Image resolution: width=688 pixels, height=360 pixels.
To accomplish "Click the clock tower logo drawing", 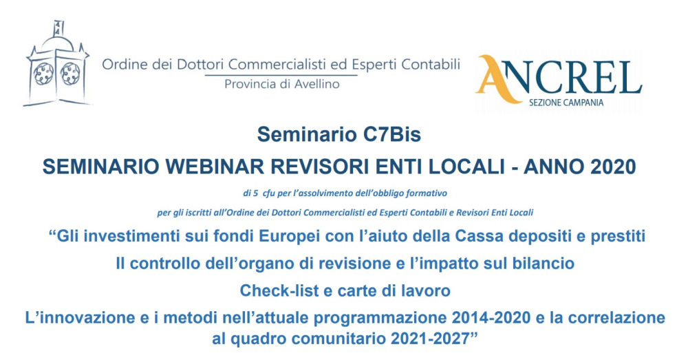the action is [57, 63].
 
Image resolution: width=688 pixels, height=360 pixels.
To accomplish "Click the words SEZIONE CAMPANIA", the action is [566, 103].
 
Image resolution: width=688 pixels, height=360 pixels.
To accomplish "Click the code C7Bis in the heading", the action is [392, 134].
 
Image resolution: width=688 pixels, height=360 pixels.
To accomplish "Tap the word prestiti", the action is [618, 237].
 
